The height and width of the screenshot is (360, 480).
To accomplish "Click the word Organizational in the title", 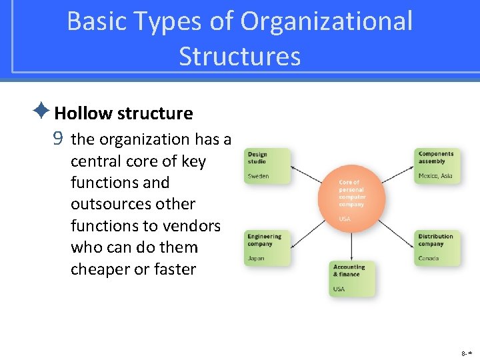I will point(327,21).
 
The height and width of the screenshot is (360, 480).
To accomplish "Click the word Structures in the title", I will point(239,57).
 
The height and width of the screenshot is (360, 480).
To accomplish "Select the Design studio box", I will point(267,165).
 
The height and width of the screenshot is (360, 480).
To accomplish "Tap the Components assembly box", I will point(437,165).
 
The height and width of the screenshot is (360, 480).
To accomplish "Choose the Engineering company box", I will point(267,248).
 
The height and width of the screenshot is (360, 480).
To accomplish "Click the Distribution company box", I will point(437,248).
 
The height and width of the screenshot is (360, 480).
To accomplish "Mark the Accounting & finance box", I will point(352,279).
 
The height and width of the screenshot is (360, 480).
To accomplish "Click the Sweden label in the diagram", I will point(259,176).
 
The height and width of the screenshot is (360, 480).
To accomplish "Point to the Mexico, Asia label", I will point(435,176).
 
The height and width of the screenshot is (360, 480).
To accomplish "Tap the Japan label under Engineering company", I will point(256,259).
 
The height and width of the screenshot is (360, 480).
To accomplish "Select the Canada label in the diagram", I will point(428,259).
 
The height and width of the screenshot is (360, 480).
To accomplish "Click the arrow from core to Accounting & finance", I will point(352,247).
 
